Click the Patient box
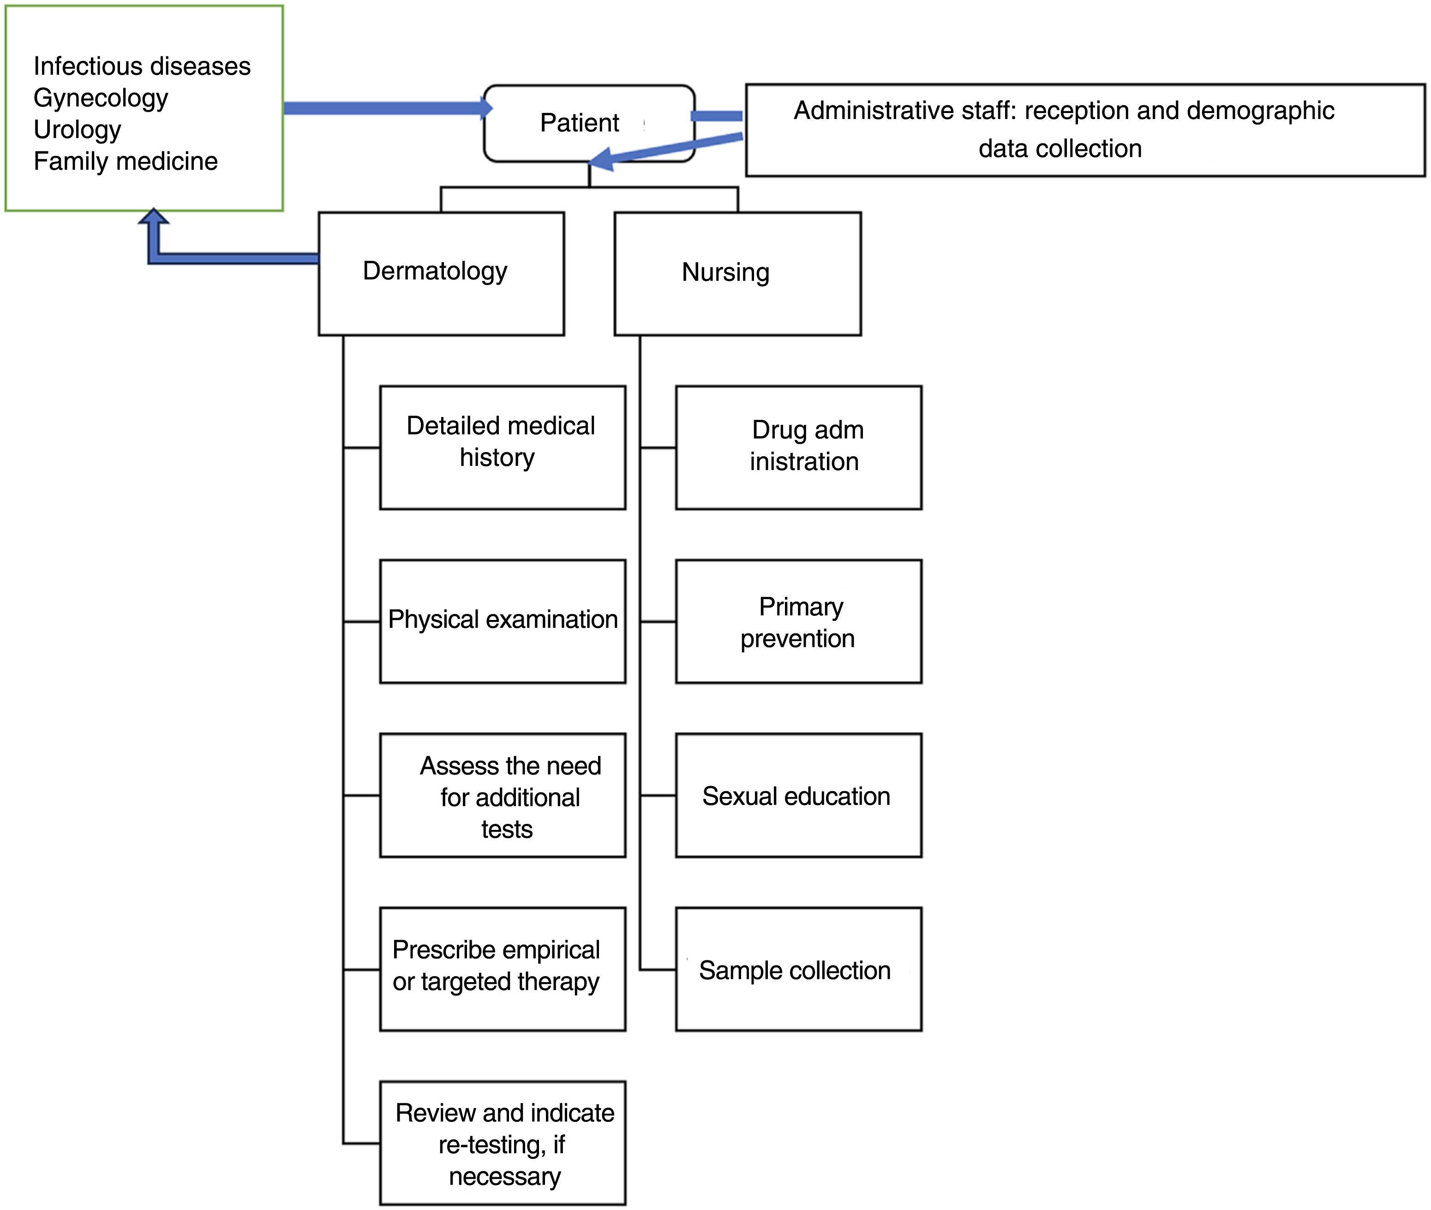[588, 124]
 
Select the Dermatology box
[441, 273]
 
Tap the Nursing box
[737, 273]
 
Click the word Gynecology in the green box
[101, 98]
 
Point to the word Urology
[78, 130]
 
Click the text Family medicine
[126, 161]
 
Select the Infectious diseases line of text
[142, 66]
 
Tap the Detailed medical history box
[502, 447]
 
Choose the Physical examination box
[502, 621]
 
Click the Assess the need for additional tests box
[502, 795]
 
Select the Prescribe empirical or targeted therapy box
[502, 969]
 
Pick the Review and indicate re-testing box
[502, 1143]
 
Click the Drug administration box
[798, 447]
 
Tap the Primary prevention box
[798, 621]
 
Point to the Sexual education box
[798, 795]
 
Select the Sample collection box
[798, 969]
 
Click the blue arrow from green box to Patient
[384, 107]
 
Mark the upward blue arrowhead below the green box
[154, 218]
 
